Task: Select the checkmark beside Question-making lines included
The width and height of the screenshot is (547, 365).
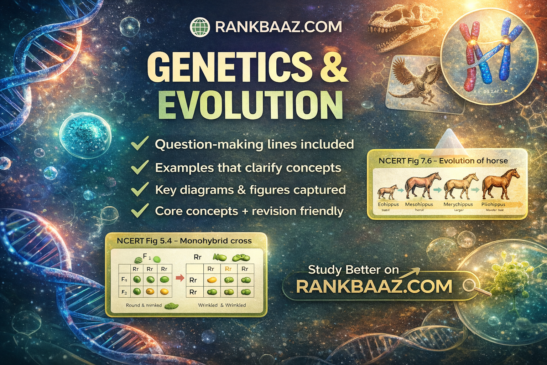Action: coord(140,144)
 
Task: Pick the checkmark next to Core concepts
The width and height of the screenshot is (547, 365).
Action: coord(140,211)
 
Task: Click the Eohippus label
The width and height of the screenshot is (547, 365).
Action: coord(388,205)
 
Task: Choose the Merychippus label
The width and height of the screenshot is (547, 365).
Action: coord(458,205)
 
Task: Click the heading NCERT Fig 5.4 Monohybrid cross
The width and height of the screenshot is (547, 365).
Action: coord(184,241)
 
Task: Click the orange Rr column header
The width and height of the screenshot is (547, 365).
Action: coord(228,269)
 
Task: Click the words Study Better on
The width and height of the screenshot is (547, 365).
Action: coord(353,270)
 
